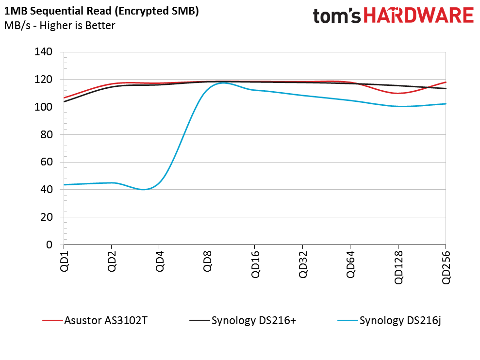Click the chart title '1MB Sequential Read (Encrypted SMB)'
tap(101, 12)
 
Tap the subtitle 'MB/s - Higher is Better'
tap(59, 25)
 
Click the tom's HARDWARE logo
tap(393, 16)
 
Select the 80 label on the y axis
tap(46, 135)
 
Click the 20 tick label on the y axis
tap(46, 217)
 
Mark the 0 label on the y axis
tap(49, 245)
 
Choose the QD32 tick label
tap(303, 264)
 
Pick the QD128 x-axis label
tap(398, 267)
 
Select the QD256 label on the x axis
tap(446, 267)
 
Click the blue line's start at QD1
tap(64, 185)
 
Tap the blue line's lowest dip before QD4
tap(143, 189)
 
